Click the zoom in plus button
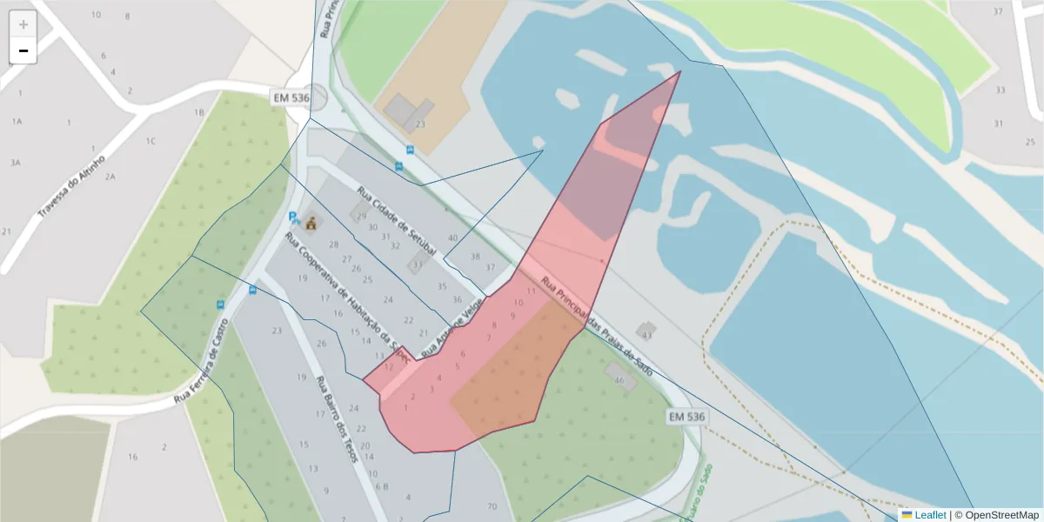23,24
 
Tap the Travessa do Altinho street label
72,186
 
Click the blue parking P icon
293,217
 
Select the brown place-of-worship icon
311,224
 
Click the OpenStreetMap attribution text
1000,515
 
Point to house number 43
646,334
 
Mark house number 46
619,381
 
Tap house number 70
492,506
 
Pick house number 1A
17,122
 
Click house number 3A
15,163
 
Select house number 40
452,238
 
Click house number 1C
151,141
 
